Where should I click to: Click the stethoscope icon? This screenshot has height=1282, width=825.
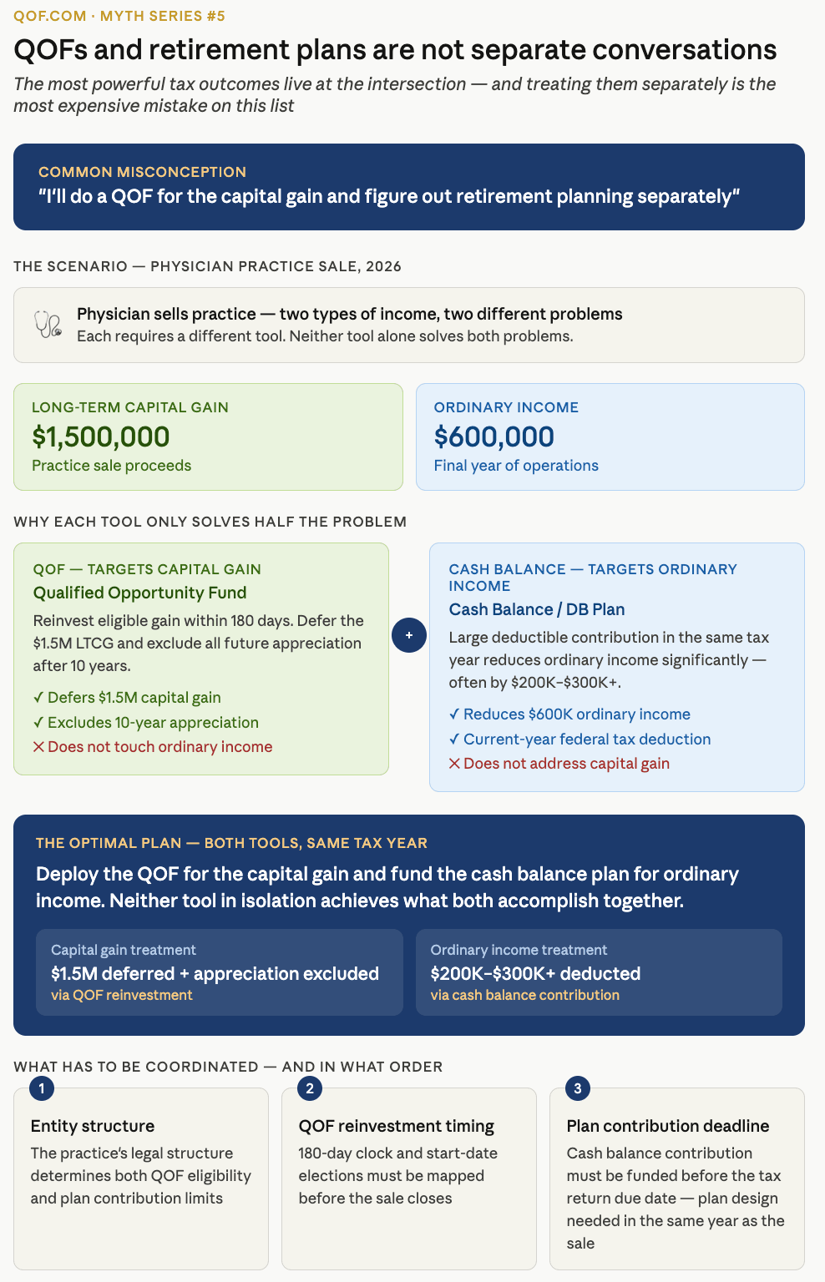coord(48,324)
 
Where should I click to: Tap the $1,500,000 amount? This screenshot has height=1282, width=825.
coord(100,437)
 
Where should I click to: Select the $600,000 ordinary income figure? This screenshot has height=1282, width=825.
coord(493,437)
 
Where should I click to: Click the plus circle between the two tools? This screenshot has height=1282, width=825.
coord(409,635)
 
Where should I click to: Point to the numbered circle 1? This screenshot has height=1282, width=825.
coord(42,1088)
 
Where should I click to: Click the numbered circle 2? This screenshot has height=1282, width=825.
coord(310,1088)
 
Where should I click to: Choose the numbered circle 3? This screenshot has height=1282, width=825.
coord(578,1088)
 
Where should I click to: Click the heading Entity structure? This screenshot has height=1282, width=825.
coord(93,1126)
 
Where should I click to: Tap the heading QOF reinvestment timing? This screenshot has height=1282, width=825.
coord(396,1126)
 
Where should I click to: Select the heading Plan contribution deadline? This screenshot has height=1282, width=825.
coord(667,1126)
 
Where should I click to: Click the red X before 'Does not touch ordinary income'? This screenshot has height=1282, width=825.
coord(38,747)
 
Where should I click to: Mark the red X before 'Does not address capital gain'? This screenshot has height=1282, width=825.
coord(454,764)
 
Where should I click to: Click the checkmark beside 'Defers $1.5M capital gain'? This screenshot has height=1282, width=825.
coord(38,698)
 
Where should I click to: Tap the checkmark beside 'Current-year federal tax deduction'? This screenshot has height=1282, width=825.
coord(454,739)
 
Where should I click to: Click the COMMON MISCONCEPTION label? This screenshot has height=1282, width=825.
coord(142,172)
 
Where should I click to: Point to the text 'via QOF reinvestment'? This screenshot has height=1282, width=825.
coord(122,995)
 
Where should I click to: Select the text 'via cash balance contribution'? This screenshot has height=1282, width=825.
coord(524,995)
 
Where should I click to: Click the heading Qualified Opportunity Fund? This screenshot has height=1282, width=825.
coord(139,593)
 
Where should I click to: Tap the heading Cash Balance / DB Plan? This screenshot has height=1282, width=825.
coord(536,609)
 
